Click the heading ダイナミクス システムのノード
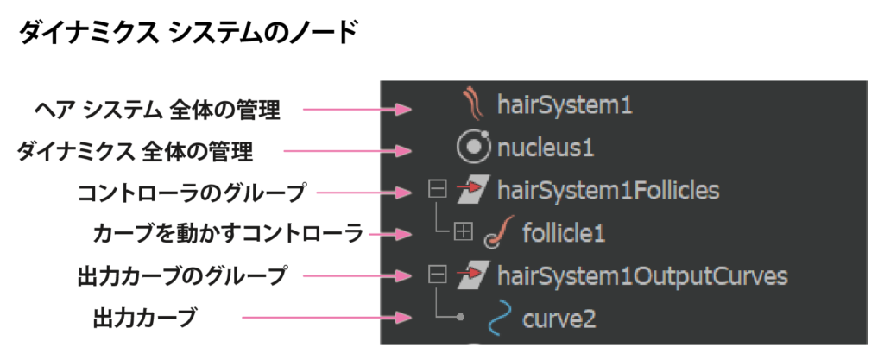[x=186, y=34]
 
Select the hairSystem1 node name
[x=565, y=106]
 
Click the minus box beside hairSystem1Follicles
[x=438, y=190]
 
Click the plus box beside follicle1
[x=463, y=232]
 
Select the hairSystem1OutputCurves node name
[x=642, y=276]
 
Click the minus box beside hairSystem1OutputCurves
[x=438, y=275]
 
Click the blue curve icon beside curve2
[x=497, y=319]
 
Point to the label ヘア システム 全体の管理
[x=157, y=111]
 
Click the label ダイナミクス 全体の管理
[x=136, y=152]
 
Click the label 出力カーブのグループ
[x=181, y=277]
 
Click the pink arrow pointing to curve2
[x=328, y=319]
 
